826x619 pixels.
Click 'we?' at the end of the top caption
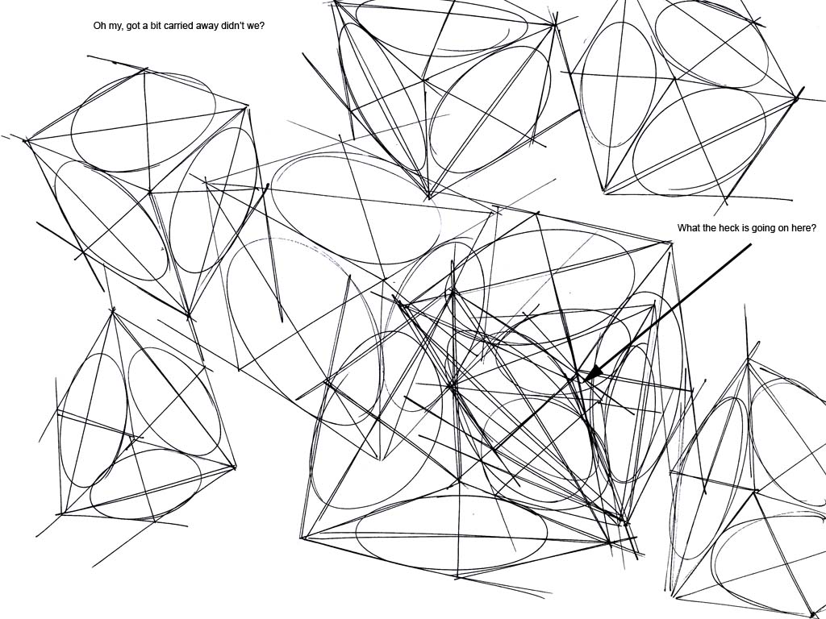click(x=257, y=26)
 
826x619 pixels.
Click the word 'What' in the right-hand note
click(x=688, y=228)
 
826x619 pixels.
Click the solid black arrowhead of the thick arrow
click(x=593, y=372)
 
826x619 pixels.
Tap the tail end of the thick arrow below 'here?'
click(x=749, y=245)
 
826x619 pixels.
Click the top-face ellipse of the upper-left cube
click(x=144, y=123)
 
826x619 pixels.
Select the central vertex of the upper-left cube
click(x=150, y=193)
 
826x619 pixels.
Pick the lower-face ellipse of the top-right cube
click(x=699, y=141)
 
